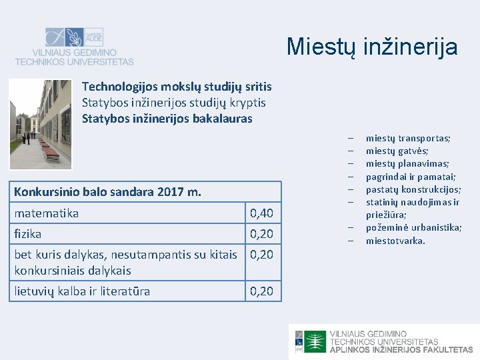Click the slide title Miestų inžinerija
372,47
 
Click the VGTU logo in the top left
74,46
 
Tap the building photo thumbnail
40,123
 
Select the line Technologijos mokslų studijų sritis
177,87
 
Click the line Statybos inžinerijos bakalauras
167,119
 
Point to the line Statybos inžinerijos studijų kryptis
173,103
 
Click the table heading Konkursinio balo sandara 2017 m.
107,192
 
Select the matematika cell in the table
47,213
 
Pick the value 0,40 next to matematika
261,213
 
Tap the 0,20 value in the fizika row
261,234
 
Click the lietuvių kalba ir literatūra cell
82,291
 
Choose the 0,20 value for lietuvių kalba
261,291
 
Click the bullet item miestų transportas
407,138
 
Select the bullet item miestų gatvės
397,151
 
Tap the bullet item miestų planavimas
407,163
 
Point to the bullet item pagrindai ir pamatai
410,177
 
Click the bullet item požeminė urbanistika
413,227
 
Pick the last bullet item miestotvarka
395,240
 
